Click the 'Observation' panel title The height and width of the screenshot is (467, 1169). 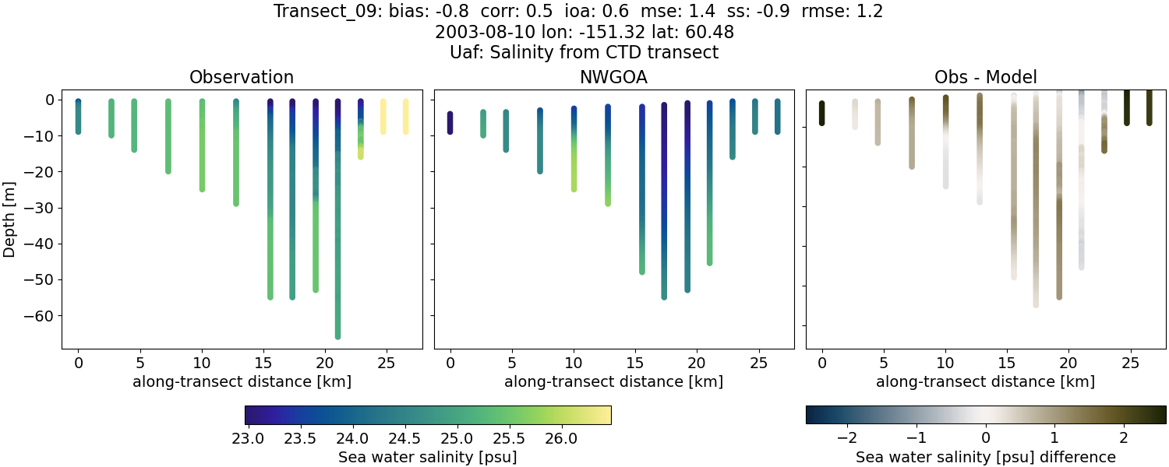[242, 78]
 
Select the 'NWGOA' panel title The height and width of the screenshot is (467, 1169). [613, 78]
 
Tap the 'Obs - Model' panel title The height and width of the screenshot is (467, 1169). [985, 78]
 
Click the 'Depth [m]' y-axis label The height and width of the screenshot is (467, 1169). [9, 219]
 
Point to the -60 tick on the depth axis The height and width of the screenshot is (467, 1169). [37, 315]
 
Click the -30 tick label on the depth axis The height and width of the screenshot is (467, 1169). [37, 208]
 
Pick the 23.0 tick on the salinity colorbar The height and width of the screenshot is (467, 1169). [248, 438]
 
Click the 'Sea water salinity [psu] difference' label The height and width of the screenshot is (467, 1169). [985, 457]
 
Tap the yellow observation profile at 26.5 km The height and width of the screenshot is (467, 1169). [405, 117]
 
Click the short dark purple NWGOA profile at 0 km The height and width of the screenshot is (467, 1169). [450, 123]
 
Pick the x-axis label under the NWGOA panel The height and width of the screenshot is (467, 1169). [613, 382]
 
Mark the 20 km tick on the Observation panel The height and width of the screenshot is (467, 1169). [325, 363]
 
